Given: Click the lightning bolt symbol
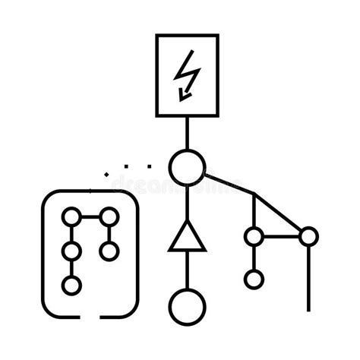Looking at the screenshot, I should pos(185,77).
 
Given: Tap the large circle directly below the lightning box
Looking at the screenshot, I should pos(186,167).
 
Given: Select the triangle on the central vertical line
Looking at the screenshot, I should pos(186,237).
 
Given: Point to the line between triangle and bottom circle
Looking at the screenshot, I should pos(186,270).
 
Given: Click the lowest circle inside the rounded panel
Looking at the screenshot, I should pos(71,286).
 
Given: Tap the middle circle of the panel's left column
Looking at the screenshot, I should pos(71,251).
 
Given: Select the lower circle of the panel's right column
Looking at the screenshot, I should pos(109,251).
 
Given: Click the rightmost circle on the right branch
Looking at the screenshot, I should pos(308,236).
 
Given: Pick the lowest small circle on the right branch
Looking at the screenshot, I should pos(254,279).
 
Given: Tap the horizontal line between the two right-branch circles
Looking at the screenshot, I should pos(281,236).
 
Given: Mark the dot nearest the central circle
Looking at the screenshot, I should pos(148,165).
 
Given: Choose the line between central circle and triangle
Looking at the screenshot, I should pos(186,201).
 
